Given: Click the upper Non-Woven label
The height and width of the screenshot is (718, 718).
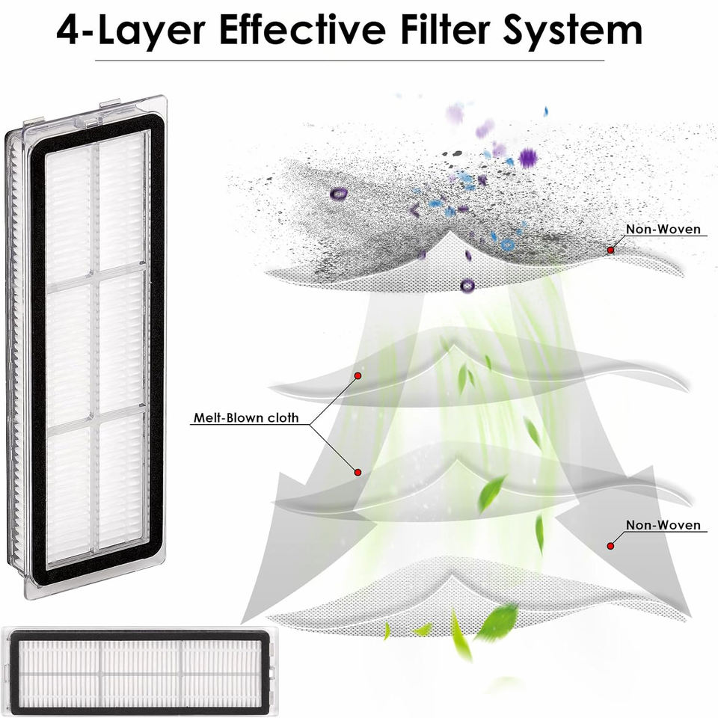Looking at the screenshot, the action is (x=663, y=230).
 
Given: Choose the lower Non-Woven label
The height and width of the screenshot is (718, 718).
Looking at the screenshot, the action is (x=663, y=525).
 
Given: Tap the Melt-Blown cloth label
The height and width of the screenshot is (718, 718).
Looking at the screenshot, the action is (x=245, y=419).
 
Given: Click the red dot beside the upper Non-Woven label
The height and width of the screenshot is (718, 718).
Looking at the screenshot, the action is (x=610, y=250).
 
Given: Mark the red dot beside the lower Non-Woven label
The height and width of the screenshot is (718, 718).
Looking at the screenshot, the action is (x=610, y=546).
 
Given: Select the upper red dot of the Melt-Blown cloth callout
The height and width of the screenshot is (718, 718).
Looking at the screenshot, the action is (x=358, y=375).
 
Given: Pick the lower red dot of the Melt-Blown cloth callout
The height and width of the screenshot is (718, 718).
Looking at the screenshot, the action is (x=358, y=472).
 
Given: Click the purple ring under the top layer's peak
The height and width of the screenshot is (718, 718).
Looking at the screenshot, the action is (x=467, y=284).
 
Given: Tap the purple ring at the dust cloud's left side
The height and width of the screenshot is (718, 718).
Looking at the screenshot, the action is (x=339, y=193).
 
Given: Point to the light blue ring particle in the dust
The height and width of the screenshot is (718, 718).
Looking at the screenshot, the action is (x=507, y=244).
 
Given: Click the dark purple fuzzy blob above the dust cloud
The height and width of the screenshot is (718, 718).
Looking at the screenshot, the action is (x=528, y=158).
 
